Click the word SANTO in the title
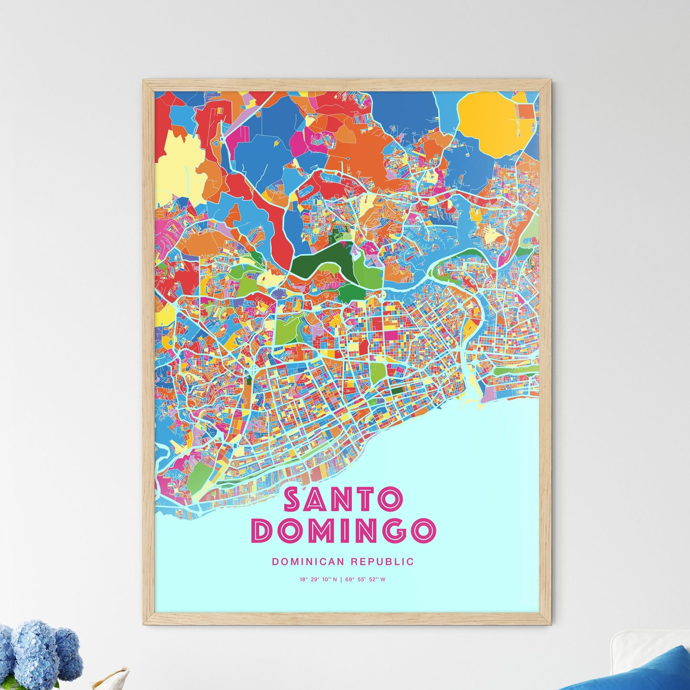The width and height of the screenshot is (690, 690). [x=343, y=499]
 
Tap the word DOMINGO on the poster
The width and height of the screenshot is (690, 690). [x=343, y=530]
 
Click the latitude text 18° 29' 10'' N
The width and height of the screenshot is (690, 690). [x=318, y=580]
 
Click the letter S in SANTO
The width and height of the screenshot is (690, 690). [x=293, y=499]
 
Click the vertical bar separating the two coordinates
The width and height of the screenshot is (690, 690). [x=341, y=580]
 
